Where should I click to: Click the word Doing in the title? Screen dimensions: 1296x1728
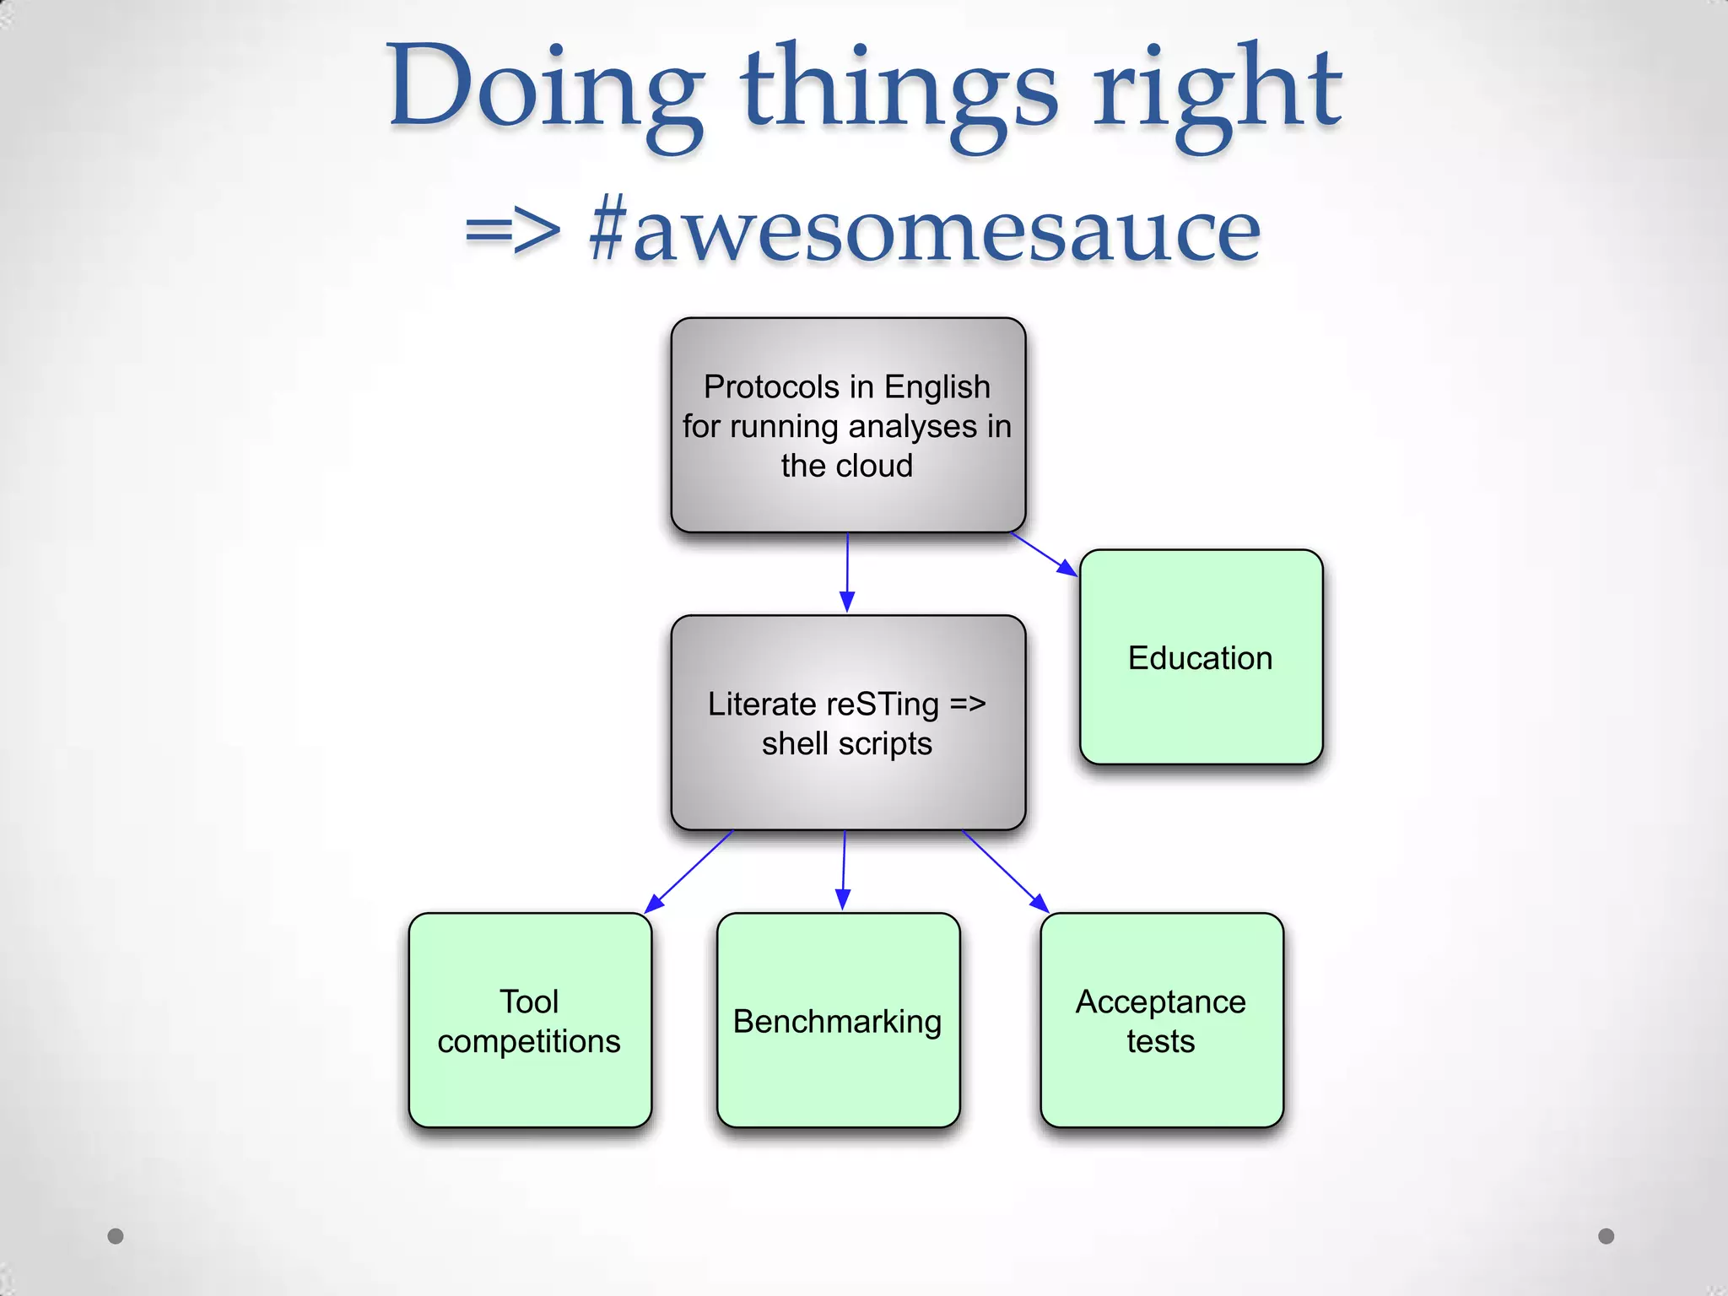545,89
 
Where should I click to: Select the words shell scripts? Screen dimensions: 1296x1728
846,744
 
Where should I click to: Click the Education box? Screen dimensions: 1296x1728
1201,657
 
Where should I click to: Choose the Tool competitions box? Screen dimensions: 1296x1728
530,1020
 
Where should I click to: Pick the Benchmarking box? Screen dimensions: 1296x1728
838,1020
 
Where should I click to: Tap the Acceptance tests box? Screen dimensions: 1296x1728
1161,1020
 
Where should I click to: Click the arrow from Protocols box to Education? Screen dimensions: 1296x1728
1045,554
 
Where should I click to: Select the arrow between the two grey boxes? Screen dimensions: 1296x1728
847,573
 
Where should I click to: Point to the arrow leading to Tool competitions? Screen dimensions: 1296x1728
688,872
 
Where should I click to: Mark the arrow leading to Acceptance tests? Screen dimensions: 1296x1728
1006,872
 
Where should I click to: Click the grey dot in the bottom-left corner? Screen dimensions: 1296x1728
116,1236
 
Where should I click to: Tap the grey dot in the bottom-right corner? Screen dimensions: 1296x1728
1606,1236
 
